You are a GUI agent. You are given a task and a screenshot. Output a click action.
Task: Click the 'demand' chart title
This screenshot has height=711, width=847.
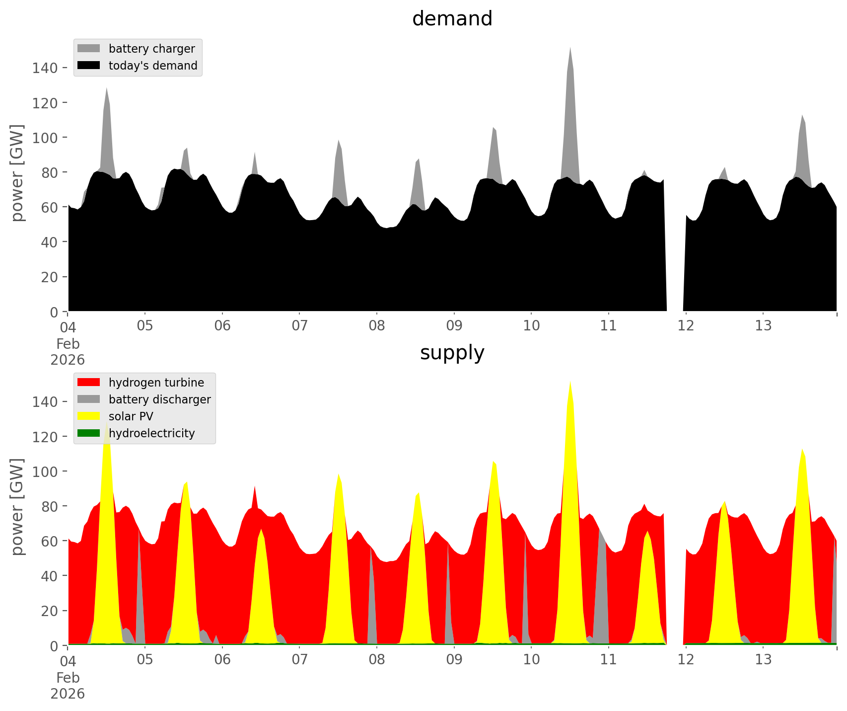pyautogui.click(x=452, y=19)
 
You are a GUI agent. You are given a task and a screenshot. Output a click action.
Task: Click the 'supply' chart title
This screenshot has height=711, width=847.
pyautogui.click(x=452, y=353)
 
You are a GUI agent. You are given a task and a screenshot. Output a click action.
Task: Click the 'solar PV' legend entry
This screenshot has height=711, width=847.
pyautogui.click(x=131, y=416)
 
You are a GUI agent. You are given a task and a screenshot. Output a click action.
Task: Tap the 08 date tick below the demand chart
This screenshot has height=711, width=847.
pyautogui.click(x=377, y=326)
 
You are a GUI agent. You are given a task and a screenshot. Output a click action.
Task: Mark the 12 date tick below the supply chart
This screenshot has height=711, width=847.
pyautogui.click(x=686, y=660)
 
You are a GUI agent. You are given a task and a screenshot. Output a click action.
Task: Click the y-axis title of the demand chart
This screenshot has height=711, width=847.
pyautogui.click(x=17, y=173)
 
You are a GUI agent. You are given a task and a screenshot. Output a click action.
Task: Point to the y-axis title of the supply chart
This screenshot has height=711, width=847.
pyautogui.click(x=17, y=507)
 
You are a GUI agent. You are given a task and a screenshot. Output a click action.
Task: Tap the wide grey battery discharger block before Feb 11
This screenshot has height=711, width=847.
pyautogui.click(x=602, y=596)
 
